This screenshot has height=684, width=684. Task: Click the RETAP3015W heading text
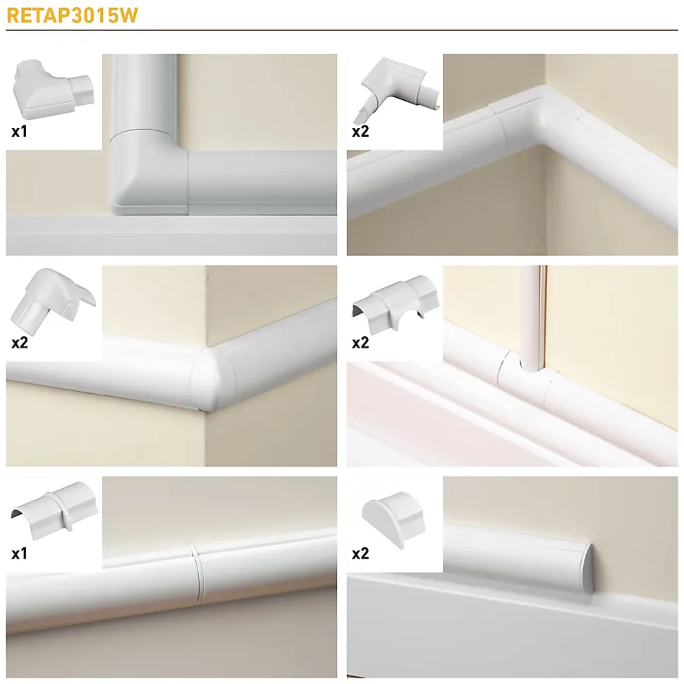point(72,15)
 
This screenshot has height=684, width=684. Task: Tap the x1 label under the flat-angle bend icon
point(19,131)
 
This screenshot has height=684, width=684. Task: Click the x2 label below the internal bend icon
point(360,131)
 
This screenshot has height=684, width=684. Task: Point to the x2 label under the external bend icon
point(20,342)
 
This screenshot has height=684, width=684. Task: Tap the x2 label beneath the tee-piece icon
point(360,342)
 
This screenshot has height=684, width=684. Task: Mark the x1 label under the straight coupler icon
point(19,554)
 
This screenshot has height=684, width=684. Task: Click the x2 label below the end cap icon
point(360,554)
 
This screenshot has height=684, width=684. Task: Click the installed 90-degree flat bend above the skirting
point(149,175)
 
